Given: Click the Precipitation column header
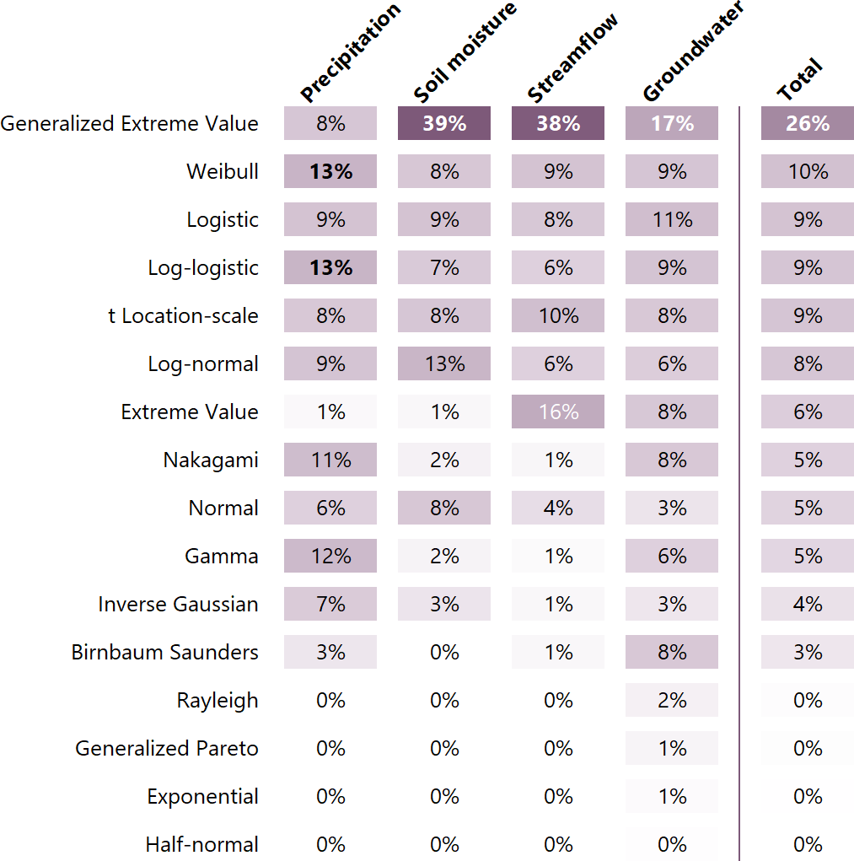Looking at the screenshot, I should tap(350, 52).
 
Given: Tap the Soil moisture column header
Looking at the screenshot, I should tap(465, 52).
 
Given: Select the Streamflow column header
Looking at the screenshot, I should tap(573, 57).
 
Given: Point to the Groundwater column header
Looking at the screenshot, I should tap(694, 52).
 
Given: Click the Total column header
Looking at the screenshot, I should tap(799, 81).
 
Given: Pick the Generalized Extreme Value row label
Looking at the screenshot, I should tap(130, 123).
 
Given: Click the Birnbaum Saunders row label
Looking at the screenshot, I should tap(165, 652).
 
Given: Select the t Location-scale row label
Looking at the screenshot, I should tap(184, 315).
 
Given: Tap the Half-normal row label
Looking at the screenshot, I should tap(202, 844).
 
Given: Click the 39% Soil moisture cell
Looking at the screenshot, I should tap(444, 123).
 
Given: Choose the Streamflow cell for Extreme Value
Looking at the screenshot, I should tap(558, 412).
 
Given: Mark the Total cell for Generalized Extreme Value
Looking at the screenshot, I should tap(808, 123).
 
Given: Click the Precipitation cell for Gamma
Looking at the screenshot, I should tap(330, 556).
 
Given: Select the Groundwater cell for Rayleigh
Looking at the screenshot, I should tap(672, 700).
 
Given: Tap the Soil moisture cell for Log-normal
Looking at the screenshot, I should tap(444, 363).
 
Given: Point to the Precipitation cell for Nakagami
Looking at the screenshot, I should tap(330, 460).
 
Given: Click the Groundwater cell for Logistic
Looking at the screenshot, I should tap(672, 219).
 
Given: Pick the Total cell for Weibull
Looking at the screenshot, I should tap(808, 171).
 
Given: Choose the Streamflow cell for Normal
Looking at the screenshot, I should tap(558, 508).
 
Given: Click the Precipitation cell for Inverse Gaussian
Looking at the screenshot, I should tap(330, 604).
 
